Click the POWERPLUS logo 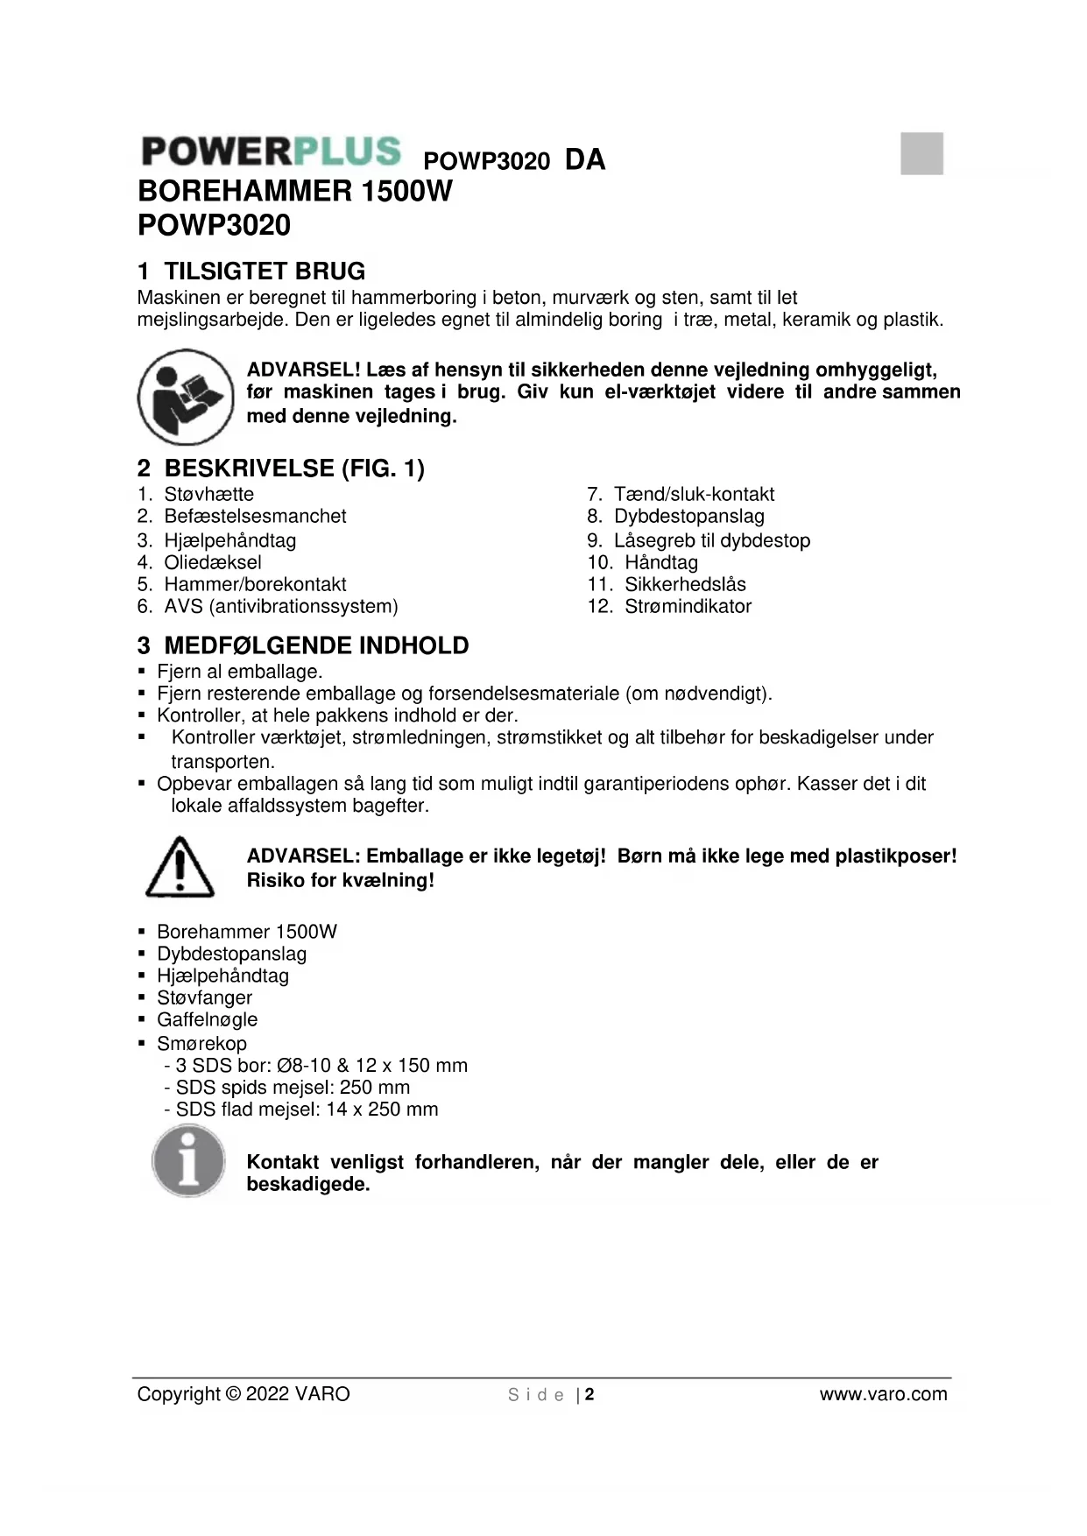(x=271, y=151)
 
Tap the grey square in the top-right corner (x=921, y=154)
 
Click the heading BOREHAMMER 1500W (x=295, y=191)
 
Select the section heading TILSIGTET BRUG (x=264, y=271)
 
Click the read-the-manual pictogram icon (x=185, y=397)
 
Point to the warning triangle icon (x=180, y=867)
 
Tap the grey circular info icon (x=188, y=1161)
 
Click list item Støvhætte (x=208, y=495)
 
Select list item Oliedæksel (x=212, y=562)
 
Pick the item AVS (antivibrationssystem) (x=280, y=606)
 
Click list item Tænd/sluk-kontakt (x=693, y=495)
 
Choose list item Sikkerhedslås (x=685, y=584)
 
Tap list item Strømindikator (x=688, y=606)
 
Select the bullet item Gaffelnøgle (x=207, y=1019)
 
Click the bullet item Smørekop (x=201, y=1044)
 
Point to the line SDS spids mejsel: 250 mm (x=292, y=1088)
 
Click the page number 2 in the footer (x=589, y=1395)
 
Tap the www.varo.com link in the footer (x=883, y=1394)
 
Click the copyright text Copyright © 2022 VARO (x=243, y=1394)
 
